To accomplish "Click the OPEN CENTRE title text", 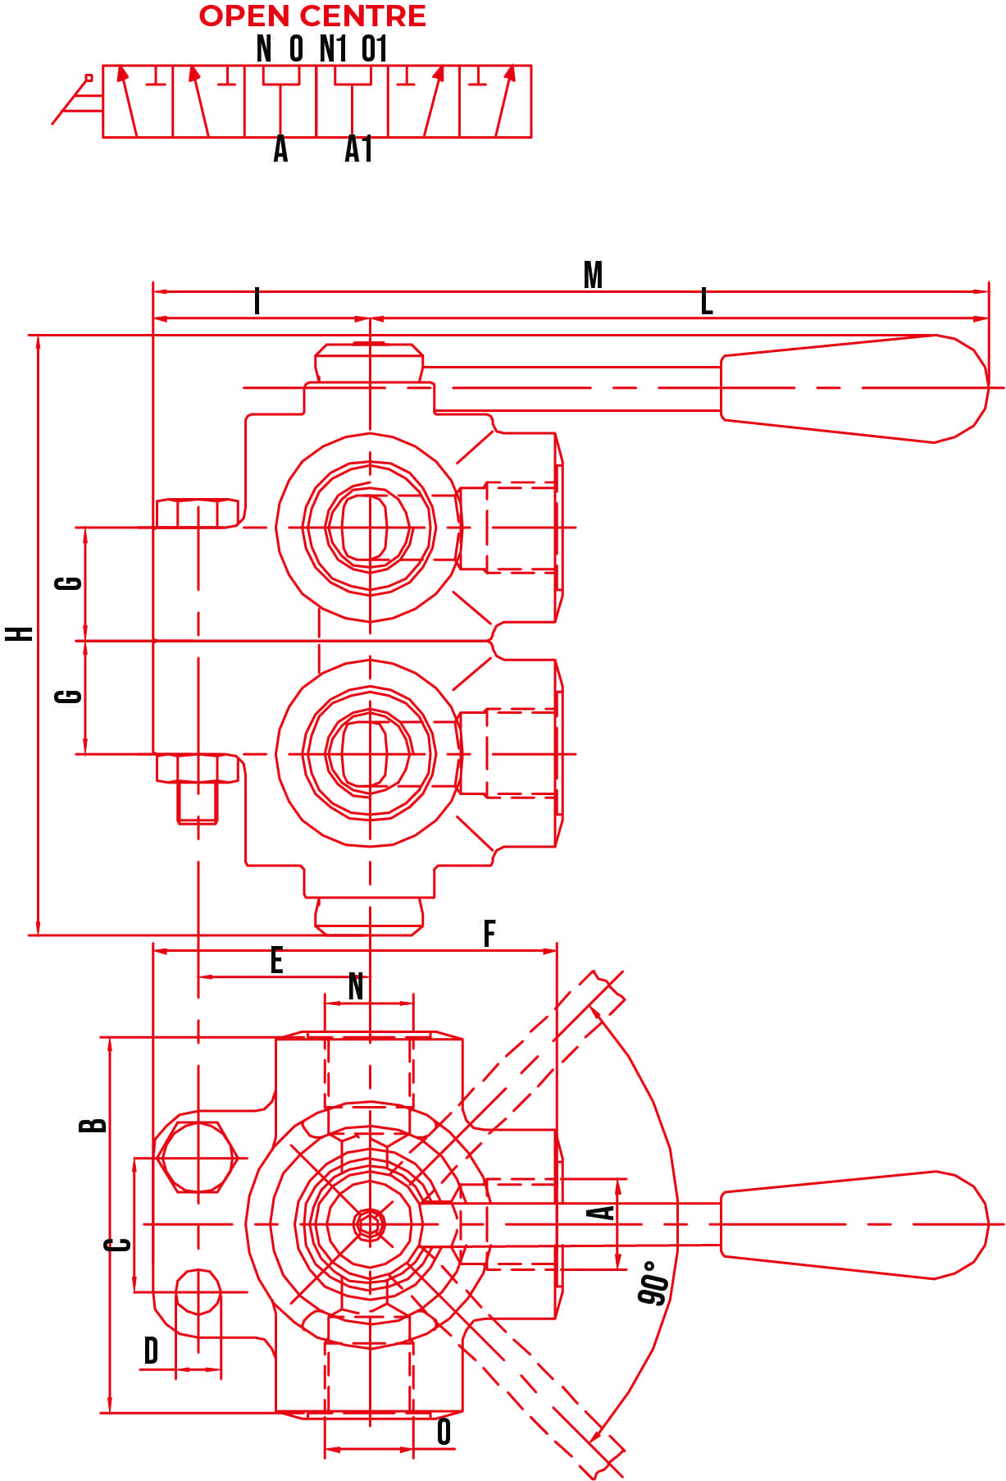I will tap(312, 16).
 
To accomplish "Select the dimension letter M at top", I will tap(593, 275).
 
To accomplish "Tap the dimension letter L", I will tap(707, 302).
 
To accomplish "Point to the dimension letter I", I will tap(257, 301).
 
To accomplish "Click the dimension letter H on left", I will tap(20, 633).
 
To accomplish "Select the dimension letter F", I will tap(489, 934).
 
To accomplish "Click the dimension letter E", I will tap(277, 960).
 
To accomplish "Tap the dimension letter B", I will tap(93, 1124).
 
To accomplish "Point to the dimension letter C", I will tap(118, 1245).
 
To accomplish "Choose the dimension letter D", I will tap(151, 1351).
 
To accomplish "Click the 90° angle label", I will tap(653, 1283).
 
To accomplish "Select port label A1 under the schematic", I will tap(358, 149).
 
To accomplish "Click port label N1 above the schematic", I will tap(333, 48).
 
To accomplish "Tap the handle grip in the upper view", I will tap(853, 388).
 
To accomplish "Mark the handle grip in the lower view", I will tap(853, 1224).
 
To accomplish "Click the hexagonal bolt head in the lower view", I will tap(198, 1158).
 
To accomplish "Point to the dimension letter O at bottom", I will tap(444, 1432).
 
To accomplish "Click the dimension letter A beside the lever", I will tap(603, 1213).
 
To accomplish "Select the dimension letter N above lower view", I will tap(356, 986).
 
